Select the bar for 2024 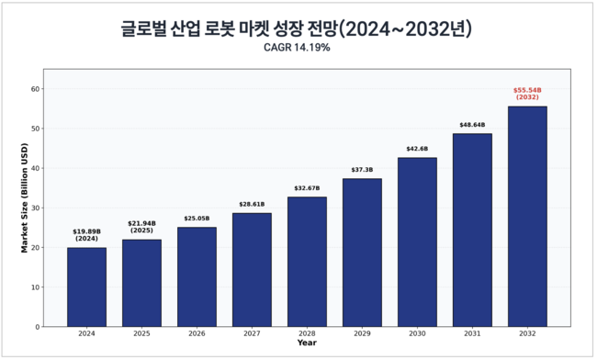(x=86, y=287)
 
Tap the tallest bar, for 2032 (x=527, y=216)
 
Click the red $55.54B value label (x=527, y=94)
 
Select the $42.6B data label (x=417, y=149)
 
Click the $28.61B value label (x=252, y=205)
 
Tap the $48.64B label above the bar (x=472, y=125)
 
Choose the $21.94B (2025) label (x=141, y=227)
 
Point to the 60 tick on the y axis (x=36, y=89)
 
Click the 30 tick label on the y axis (x=36, y=208)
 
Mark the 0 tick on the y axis (x=39, y=327)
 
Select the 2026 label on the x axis (x=197, y=335)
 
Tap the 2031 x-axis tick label (x=472, y=335)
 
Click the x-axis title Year (x=307, y=343)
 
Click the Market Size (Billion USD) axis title (x=26, y=198)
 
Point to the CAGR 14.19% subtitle (x=297, y=48)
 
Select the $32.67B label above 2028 (x=307, y=188)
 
